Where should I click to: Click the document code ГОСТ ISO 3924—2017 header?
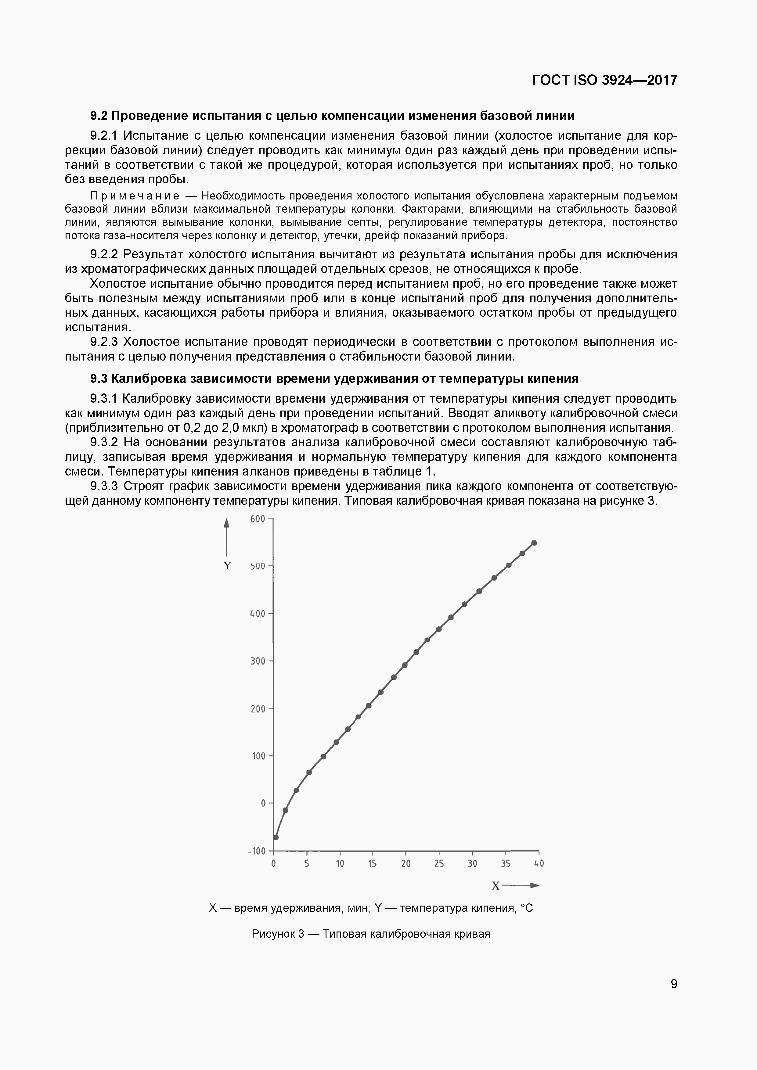coord(604,81)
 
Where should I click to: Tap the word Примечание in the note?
coord(135,196)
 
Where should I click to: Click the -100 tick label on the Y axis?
coord(256,851)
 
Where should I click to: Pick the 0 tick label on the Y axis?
coord(263,803)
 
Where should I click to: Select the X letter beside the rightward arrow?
coord(496,886)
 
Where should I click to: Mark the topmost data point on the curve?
coord(534,543)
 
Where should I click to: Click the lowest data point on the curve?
coord(276,838)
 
